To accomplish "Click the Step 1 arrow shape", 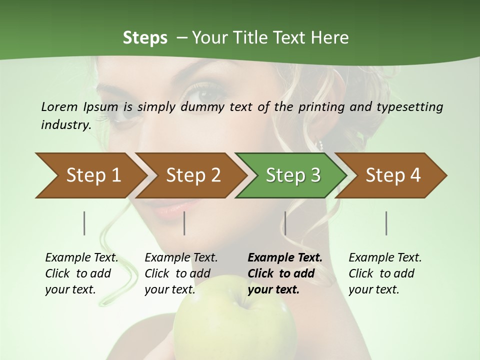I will click(x=90, y=175).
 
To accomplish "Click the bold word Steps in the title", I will click(x=145, y=38).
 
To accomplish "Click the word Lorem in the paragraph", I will click(x=59, y=106).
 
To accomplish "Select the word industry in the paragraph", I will click(x=65, y=125).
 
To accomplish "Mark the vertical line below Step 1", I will click(x=84, y=223).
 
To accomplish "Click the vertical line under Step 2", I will click(x=184, y=223).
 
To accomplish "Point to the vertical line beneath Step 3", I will click(x=285, y=223).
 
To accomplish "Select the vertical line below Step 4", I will click(x=386, y=223).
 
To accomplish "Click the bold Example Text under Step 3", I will click(x=285, y=258).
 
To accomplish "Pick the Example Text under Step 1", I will click(x=81, y=258).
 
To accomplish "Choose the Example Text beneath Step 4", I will click(x=385, y=258).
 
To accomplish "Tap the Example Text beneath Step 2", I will click(x=181, y=258).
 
